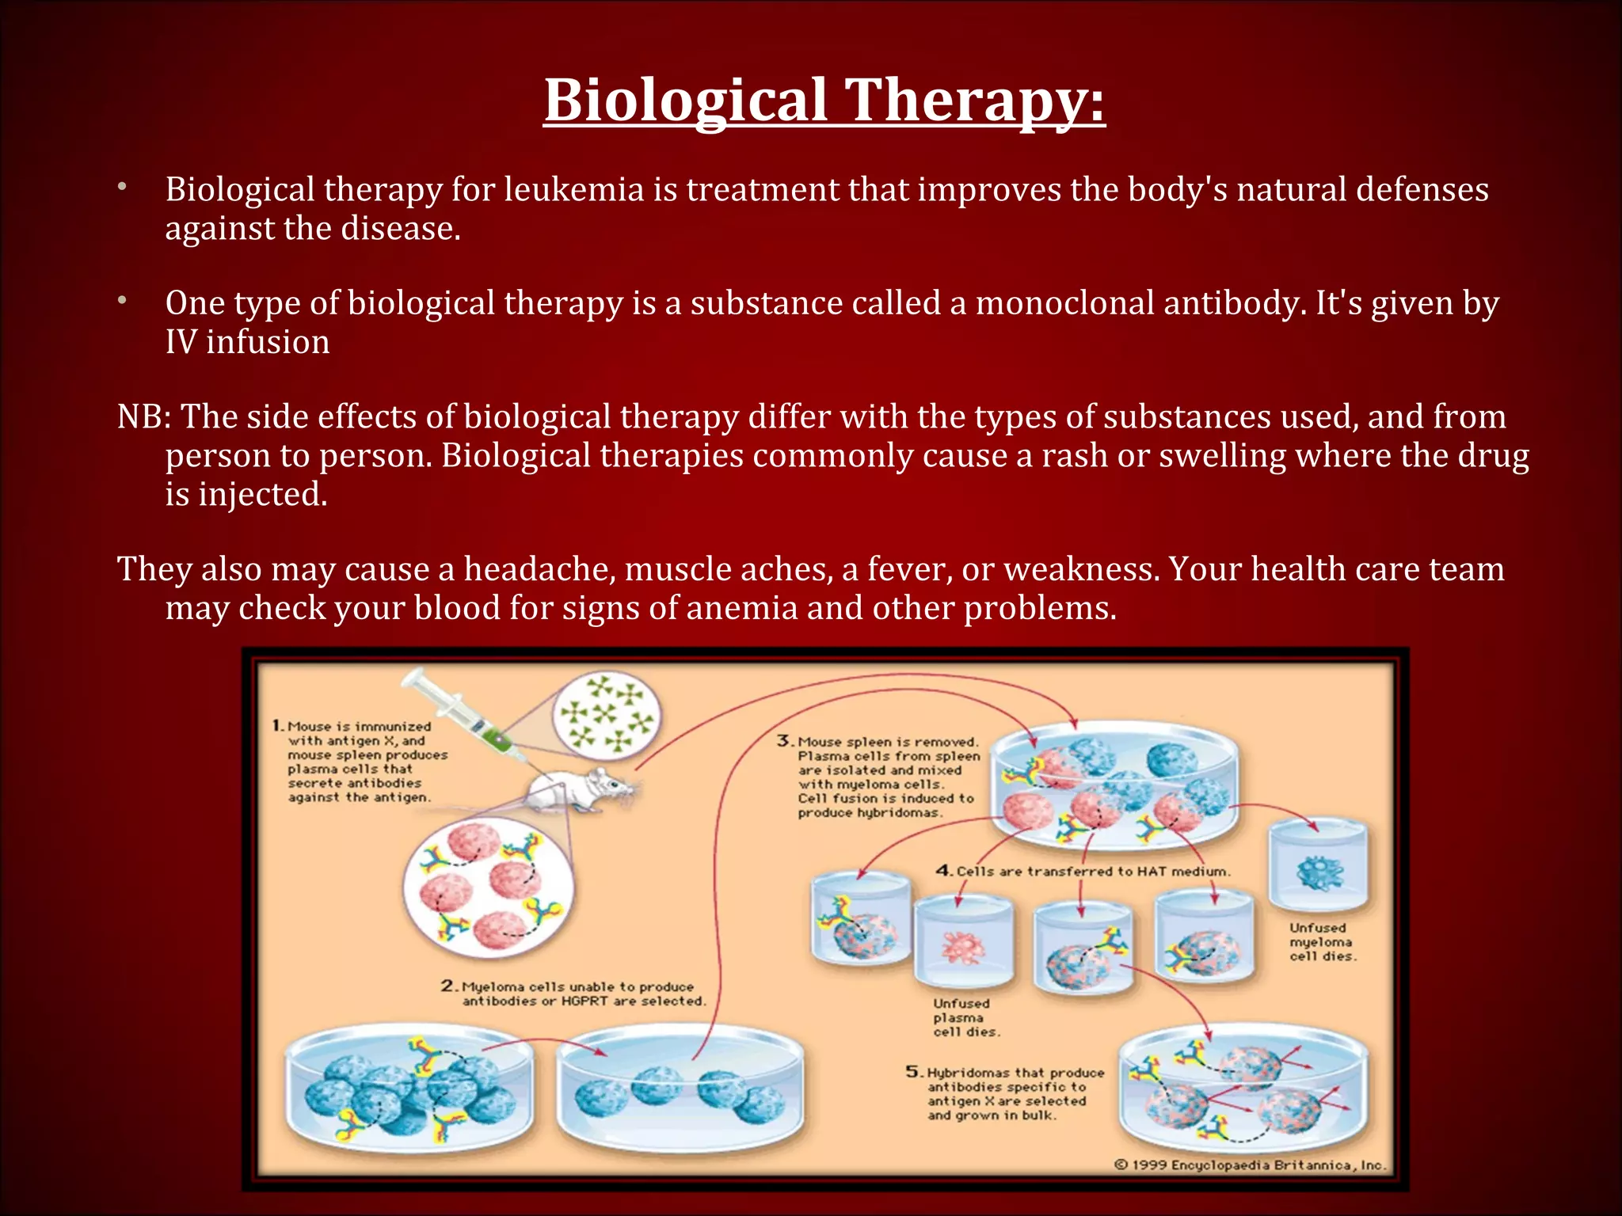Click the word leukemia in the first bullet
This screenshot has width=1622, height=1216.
[574, 189]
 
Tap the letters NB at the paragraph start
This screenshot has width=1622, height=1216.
[139, 417]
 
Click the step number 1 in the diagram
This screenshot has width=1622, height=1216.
[277, 725]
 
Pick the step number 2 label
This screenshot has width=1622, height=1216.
[449, 986]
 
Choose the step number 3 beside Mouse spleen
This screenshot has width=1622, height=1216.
[784, 741]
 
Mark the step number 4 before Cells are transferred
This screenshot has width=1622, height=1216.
[944, 870]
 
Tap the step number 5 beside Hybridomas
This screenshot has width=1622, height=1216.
[914, 1072]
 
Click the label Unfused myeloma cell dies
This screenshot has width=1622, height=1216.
[1321, 941]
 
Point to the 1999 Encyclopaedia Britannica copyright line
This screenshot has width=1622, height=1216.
[1250, 1165]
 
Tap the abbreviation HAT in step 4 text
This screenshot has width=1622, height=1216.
[1152, 871]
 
